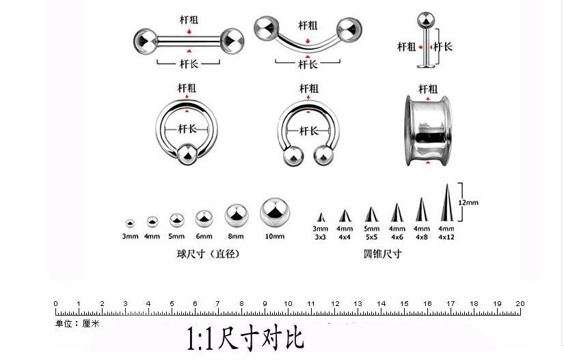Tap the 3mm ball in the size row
point(130,223)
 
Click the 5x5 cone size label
point(371,237)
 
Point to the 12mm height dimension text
point(468,202)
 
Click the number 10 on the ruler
point(288,303)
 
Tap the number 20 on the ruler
point(520,303)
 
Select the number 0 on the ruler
point(55,303)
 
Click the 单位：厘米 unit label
point(78,324)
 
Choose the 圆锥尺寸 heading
point(383,253)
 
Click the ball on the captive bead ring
point(187,154)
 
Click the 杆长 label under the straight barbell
point(189,64)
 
